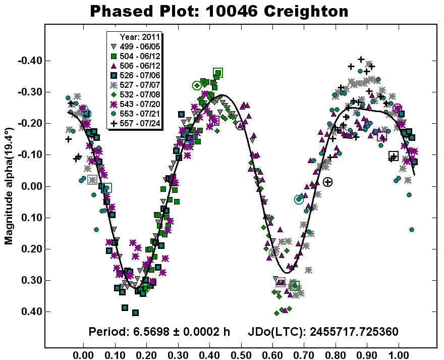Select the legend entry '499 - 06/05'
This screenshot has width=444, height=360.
(x=135, y=46)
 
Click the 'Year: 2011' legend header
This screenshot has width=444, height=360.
(x=140, y=37)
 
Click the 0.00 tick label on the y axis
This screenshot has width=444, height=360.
(x=30, y=186)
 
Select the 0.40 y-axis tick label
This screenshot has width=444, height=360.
(x=30, y=312)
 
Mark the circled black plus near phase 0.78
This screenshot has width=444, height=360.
(x=328, y=182)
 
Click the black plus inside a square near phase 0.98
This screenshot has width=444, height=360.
(x=393, y=156)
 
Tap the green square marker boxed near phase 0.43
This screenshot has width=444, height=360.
(x=218, y=73)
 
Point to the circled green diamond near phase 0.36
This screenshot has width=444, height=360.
(x=197, y=85)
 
